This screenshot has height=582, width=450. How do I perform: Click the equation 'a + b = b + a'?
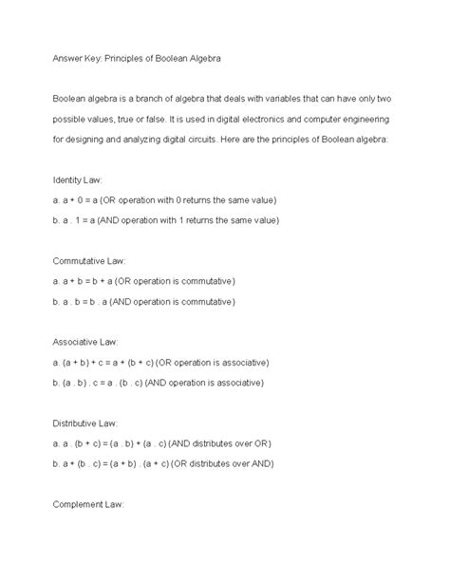tap(96, 281)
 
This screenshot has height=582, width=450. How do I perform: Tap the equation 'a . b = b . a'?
tap(93, 301)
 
